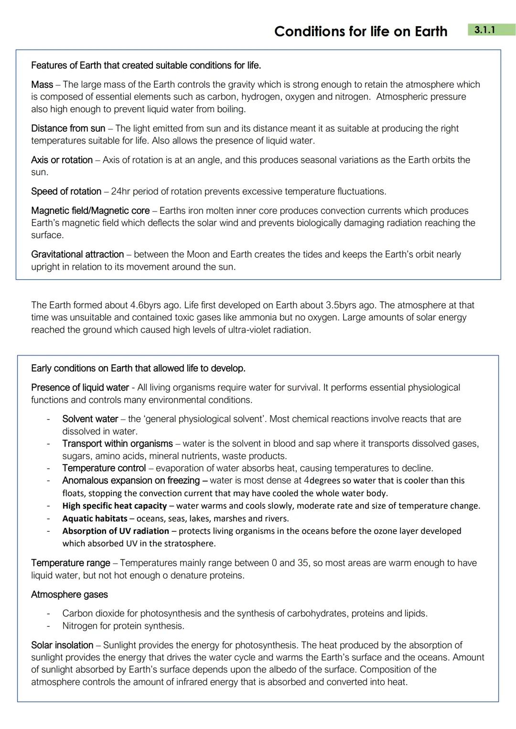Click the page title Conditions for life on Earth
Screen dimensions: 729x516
tap(361, 32)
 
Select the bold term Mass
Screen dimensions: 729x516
tap(42, 85)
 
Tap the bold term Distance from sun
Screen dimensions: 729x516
tap(68, 128)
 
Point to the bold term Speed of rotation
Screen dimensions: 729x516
tap(66, 191)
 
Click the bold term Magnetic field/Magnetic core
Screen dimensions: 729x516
tap(90, 211)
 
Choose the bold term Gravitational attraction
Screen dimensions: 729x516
tap(77, 254)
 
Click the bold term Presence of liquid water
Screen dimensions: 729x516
tap(80, 387)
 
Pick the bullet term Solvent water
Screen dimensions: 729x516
tap(90, 419)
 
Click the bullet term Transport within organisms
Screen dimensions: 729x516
tap(118, 444)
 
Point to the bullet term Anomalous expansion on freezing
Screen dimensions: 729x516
tap(131, 480)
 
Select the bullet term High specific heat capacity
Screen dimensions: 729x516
tap(114, 506)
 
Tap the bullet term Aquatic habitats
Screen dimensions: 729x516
tap(95, 518)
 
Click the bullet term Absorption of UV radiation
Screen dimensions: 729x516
tap(115, 531)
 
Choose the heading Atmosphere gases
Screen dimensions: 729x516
tap(69, 594)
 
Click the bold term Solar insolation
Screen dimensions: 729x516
tap(62, 645)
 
